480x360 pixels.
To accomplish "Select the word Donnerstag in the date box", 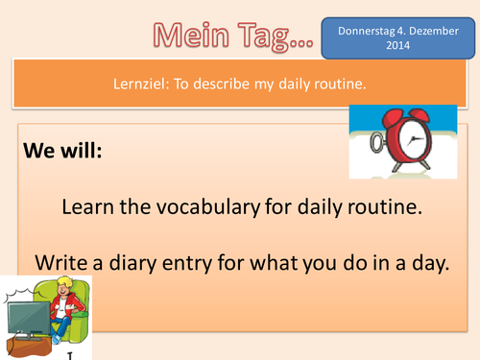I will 364,30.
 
